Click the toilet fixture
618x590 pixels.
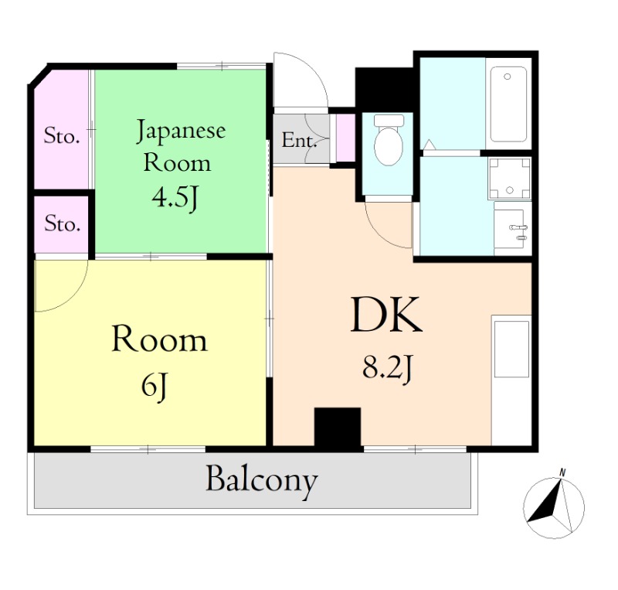[389, 140]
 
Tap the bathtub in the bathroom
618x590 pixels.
[508, 104]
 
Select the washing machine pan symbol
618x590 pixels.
[510, 178]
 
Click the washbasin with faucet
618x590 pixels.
[512, 229]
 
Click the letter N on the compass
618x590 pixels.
[562, 472]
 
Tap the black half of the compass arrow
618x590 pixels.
[545, 503]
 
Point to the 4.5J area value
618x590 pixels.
[175, 199]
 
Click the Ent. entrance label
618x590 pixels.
[299, 140]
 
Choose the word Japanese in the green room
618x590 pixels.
[182, 131]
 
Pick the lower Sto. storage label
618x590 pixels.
[63, 223]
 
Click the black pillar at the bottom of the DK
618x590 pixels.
[338, 428]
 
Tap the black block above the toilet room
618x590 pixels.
[384, 90]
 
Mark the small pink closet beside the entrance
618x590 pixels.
[345, 138]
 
